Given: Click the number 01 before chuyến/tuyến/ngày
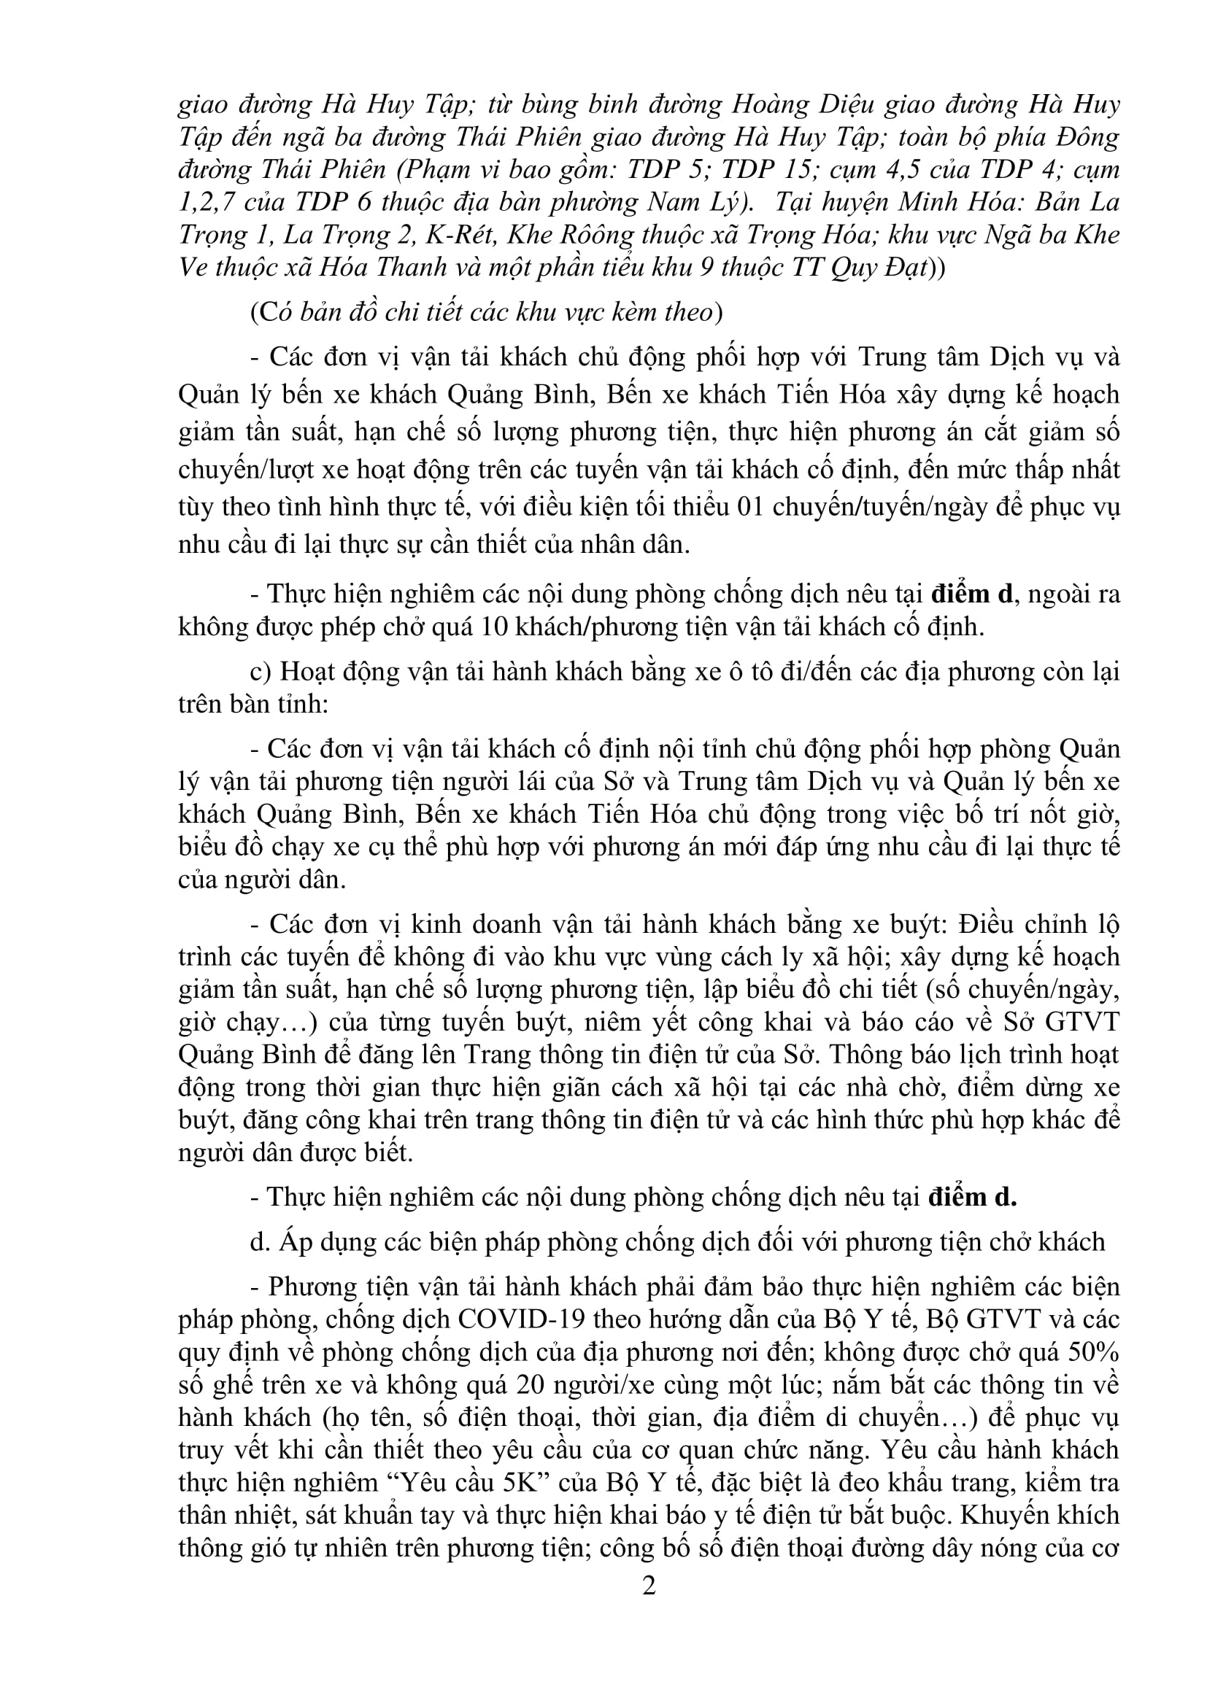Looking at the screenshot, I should click(752, 508).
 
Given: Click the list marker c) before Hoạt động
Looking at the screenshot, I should click(260, 671).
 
